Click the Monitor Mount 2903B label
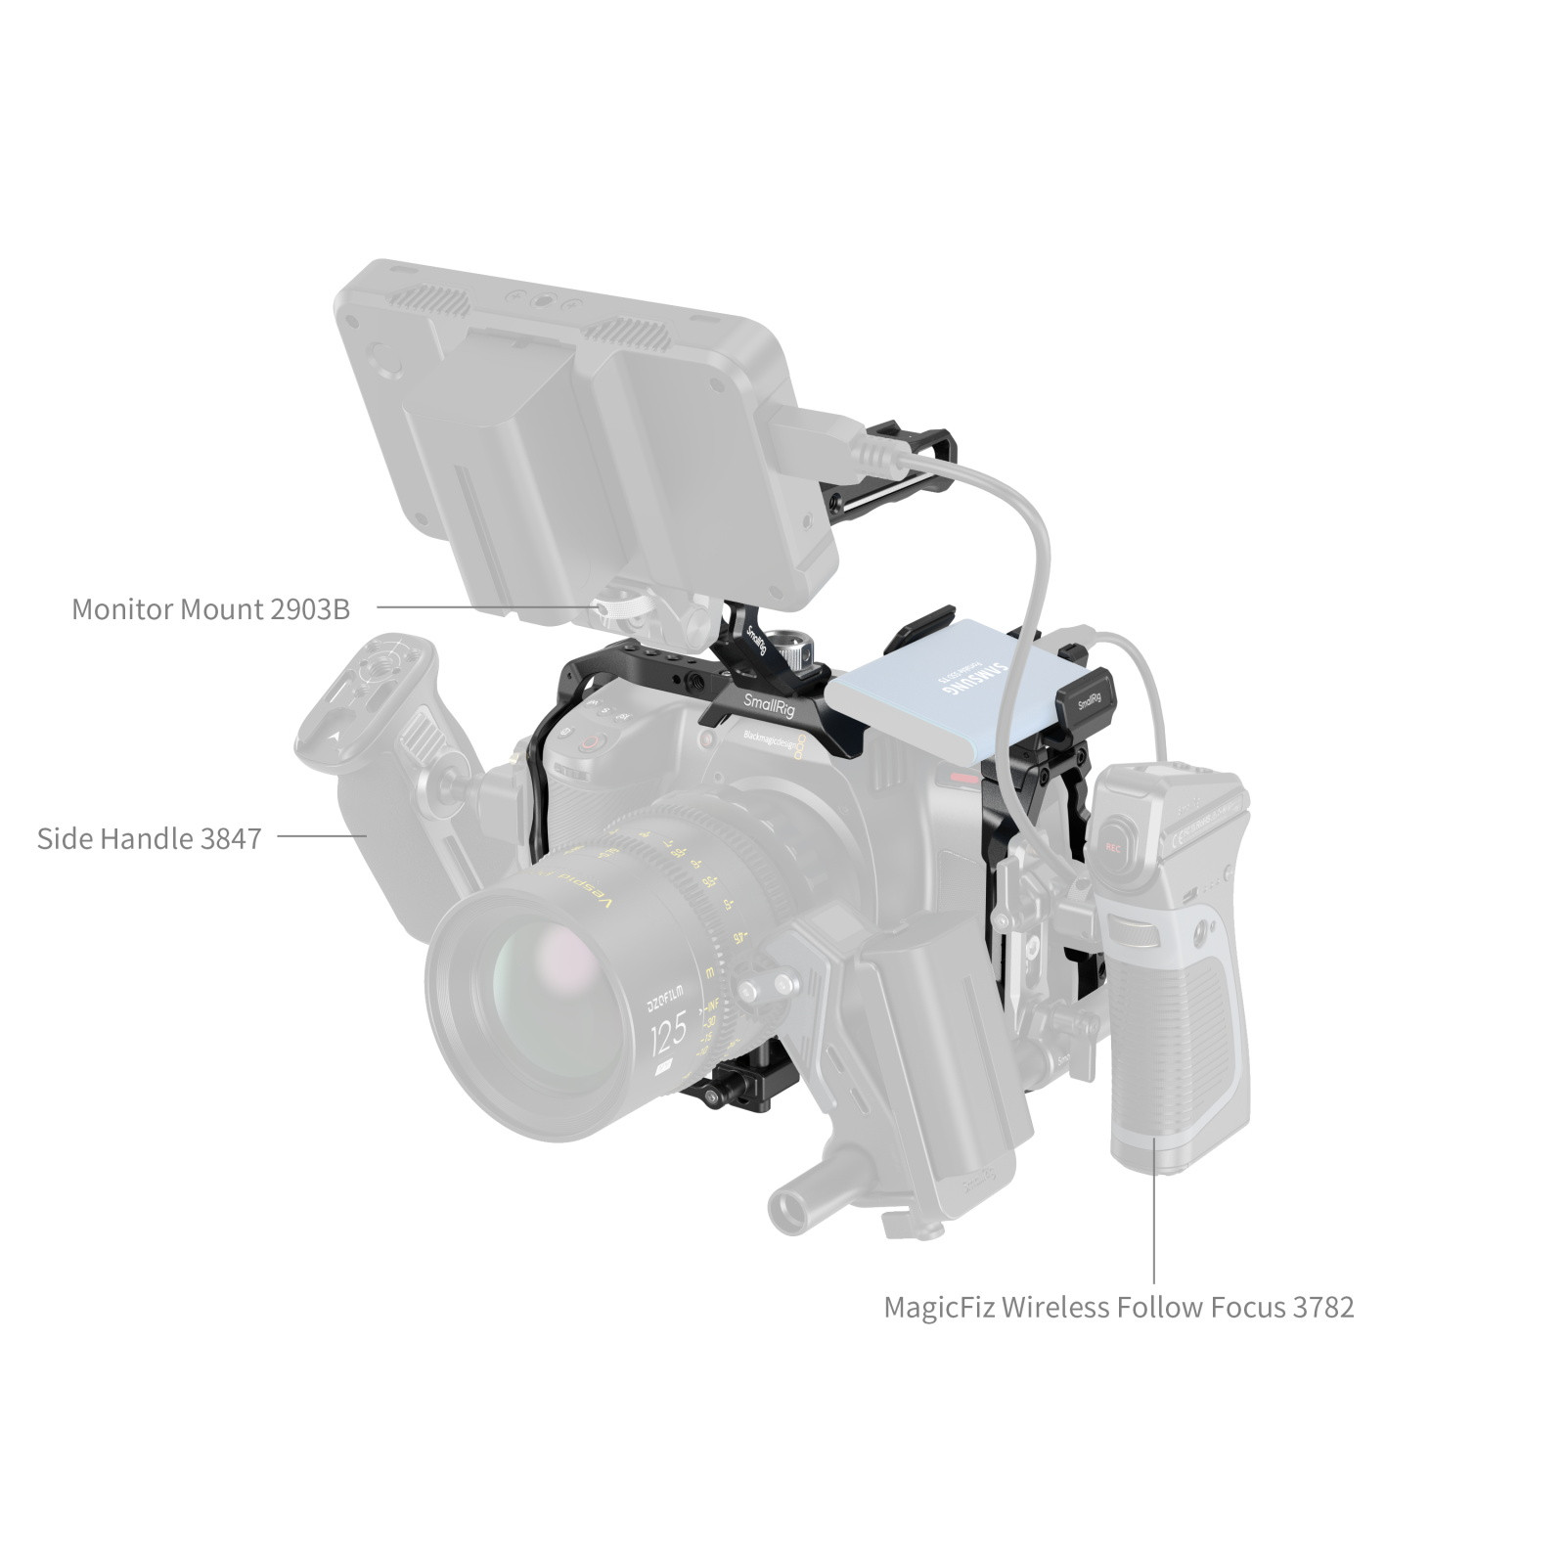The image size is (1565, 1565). pos(210,608)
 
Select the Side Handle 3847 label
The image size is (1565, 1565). pos(149,838)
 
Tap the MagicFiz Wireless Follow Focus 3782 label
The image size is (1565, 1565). pos(1118,1307)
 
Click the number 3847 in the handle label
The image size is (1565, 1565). pos(230,838)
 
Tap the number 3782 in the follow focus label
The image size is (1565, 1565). pos(1322,1307)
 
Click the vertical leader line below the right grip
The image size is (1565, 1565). pos(1154,1213)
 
